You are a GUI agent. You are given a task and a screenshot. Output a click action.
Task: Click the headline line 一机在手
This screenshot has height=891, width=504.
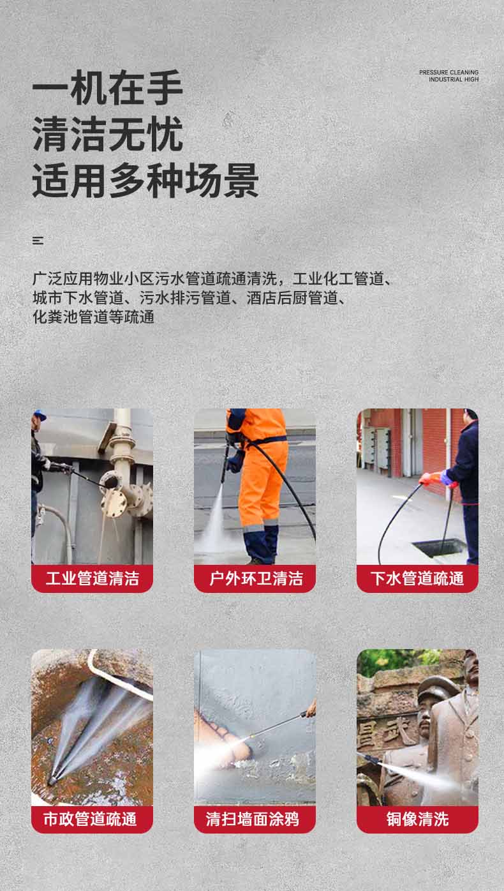[x=108, y=89]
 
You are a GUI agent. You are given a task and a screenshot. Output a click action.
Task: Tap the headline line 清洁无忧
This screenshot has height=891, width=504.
[x=108, y=135]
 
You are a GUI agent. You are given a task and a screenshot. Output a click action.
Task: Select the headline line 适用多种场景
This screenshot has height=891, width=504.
[x=145, y=181]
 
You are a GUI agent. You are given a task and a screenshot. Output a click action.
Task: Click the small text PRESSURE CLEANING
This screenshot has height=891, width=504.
[x=448, y=73]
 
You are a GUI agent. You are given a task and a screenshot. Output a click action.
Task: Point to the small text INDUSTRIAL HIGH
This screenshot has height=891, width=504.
[x=453, y=80]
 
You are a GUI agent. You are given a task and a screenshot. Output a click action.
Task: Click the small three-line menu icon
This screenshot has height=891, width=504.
[x=38, y=241]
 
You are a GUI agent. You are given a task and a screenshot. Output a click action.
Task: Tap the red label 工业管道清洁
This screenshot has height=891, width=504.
[x=92, y=579]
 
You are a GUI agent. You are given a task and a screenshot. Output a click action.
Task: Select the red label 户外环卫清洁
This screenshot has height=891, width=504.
[x=255, y=579]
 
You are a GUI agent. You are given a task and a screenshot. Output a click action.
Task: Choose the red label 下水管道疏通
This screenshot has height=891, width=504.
[x=417, y=579]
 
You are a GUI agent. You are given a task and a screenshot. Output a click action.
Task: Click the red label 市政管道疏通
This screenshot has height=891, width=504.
[x=92, y=820]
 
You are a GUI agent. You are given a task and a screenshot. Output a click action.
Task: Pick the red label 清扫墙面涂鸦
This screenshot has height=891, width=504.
[x=255, y=820]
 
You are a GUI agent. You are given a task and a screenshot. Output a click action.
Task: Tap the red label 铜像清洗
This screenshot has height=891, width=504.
[x=417, y=820]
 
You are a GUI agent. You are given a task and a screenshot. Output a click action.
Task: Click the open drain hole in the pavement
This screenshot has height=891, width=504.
[x=439, y=546]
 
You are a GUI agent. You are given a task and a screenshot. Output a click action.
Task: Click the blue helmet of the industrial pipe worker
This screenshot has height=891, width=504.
[x=40, y=415]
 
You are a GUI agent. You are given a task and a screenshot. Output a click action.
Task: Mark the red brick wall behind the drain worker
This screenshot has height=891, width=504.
[x=434, y=440]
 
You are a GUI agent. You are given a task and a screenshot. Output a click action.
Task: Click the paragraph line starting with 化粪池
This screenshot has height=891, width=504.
[x=94, y=317]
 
